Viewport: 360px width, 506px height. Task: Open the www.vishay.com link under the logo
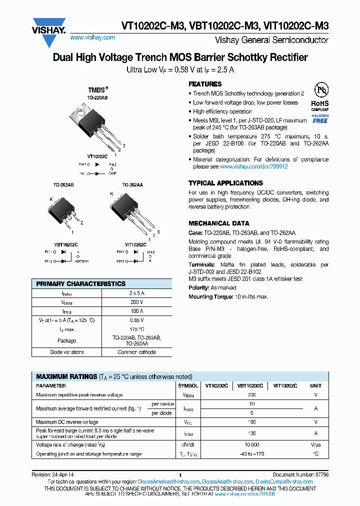[92, 37]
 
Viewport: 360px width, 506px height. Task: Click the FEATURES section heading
[204, 84]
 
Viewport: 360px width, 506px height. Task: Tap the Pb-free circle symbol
[320, 90]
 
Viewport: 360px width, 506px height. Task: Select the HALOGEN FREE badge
[320, 118]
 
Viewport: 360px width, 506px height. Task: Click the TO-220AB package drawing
[93, 122]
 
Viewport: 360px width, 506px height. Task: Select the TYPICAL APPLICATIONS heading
[225, 183]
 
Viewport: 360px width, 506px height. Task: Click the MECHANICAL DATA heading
[218, 223]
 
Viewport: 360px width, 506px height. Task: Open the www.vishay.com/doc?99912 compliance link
[253, 166]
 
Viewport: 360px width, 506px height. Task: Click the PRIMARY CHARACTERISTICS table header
[81, 283]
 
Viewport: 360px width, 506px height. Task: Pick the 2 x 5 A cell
[136, 293]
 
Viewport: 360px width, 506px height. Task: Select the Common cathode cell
[136, 352]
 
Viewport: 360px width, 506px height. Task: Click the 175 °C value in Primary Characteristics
[136, 329]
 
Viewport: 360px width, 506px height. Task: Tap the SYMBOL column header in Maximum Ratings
[187, 386]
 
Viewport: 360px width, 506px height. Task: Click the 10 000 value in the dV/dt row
[251, 444]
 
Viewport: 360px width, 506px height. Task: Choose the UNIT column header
[315, 386]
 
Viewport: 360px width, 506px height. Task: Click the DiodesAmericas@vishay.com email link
[170, 482]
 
